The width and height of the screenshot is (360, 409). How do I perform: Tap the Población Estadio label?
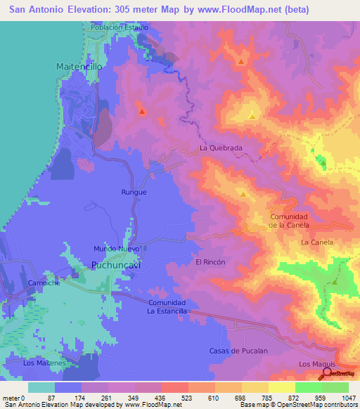pos(120,27)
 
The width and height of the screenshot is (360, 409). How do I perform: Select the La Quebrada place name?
pos(221,148)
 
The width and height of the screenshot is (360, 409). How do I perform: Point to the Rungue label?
pos(134,192)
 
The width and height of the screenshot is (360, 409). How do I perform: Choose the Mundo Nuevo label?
pos(118,249)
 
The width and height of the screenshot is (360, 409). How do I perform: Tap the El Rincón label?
pos(210,261)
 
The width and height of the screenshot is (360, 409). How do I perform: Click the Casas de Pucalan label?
pos(239,350)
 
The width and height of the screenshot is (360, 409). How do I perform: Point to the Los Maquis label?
pos(314,363)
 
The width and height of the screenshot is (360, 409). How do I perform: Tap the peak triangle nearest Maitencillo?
pos(142,111)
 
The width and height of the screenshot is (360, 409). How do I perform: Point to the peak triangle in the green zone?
pos(335,282)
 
